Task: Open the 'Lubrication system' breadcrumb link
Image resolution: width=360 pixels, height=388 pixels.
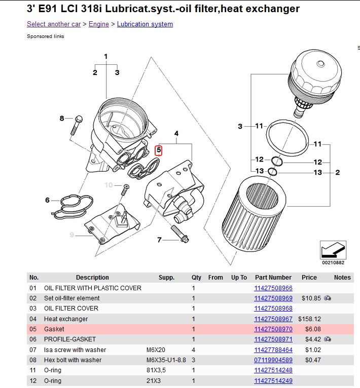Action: (145, 24)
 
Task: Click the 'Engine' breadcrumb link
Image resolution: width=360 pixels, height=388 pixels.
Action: (98, 24)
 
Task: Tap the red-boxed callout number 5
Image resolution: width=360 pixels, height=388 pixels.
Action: (159, 150)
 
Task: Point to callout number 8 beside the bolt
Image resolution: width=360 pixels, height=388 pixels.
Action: (62, 119)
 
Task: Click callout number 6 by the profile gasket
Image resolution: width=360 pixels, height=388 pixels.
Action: (48, 200)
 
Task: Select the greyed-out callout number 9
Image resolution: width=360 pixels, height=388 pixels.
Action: (72, 235)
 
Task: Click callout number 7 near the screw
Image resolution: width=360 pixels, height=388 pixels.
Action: (159, 240)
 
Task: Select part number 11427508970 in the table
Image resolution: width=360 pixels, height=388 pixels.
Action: (273, 329)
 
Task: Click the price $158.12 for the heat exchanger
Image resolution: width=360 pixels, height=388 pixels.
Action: (311, 319)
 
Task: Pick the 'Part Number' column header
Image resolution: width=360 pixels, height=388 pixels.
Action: (273, 278)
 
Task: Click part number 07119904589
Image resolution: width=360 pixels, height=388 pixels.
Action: (273, 360)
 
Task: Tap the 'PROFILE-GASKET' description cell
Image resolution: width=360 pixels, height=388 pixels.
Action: (69, 339)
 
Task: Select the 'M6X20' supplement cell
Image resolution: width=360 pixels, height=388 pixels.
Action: (155, 350)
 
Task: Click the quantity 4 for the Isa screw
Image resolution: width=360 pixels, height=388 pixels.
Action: (193, 350)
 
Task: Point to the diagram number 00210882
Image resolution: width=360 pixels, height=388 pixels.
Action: (333, 262)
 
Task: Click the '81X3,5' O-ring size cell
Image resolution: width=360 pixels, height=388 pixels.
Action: (156, 370)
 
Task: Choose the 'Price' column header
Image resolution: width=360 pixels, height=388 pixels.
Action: (309, 278)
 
